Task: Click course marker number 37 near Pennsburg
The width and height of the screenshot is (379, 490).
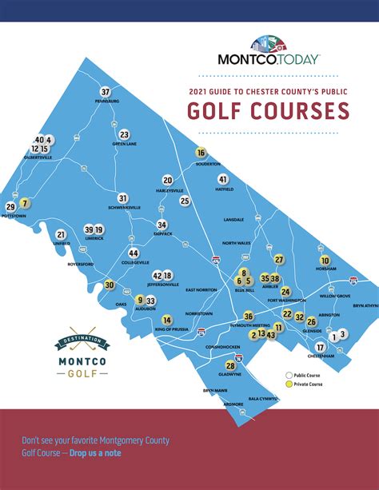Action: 105,92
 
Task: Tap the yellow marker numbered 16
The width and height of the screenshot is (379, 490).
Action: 201,153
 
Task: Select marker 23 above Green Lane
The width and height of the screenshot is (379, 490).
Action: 124,134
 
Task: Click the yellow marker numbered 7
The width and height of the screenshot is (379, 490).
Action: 25,203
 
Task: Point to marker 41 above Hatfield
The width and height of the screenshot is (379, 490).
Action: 223,179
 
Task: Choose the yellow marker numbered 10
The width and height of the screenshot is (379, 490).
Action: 325,261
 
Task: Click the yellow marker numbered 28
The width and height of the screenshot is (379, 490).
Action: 230,365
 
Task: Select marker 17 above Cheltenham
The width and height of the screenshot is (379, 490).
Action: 320,348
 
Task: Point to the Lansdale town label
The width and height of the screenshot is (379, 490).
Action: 233,219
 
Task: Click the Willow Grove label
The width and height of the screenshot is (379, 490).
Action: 335,296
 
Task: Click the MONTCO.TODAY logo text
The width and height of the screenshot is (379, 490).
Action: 269,58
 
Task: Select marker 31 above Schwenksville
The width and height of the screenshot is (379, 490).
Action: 123,197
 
